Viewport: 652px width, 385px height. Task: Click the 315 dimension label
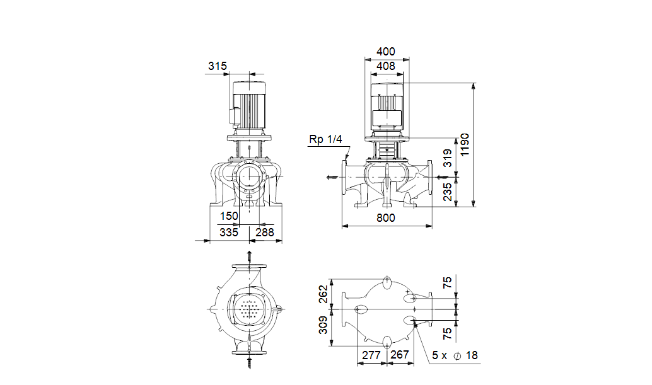218,66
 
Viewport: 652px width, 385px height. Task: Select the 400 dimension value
386,52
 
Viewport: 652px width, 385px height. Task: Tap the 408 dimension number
386,66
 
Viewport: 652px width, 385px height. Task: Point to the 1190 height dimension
465,144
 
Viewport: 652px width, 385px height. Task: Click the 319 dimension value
448,158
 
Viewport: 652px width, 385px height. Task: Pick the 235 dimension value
448,192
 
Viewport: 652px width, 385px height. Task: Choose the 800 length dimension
386,217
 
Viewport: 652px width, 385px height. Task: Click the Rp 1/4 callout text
325,139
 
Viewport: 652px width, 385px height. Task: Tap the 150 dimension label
229,216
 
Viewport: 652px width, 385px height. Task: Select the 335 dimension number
229,232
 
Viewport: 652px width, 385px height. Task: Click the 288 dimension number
265,232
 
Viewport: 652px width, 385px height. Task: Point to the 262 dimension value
323,294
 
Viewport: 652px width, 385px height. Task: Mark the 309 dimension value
323,325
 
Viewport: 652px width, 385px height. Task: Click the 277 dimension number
371,355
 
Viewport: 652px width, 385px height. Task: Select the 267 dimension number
400,355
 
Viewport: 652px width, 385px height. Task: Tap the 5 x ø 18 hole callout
455,355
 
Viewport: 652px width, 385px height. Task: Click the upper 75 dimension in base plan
448,283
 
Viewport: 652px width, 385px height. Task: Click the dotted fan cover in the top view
250,309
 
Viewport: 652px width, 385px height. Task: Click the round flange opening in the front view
249,176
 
